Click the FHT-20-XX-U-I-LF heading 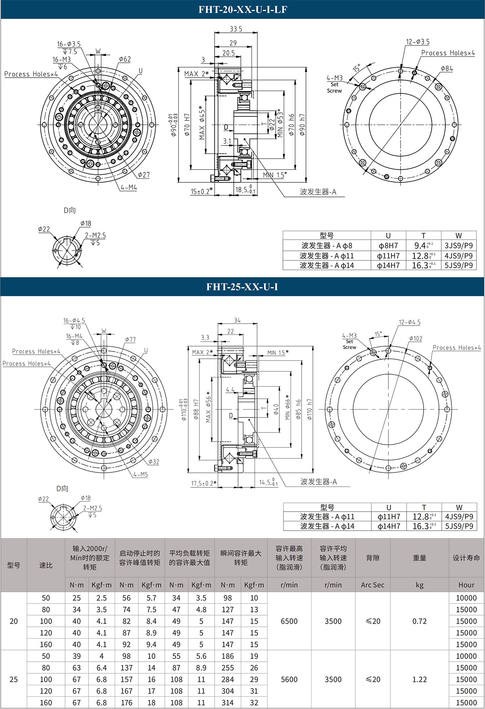click(x=242, y=9)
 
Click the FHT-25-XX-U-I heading click(x=242, y=287)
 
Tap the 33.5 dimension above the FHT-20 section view click(x=236, y=29)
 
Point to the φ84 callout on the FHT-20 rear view click(x=447, y=68)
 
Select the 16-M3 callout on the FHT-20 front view click(x=61, y=59)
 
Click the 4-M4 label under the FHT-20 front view click(x=129, y=188)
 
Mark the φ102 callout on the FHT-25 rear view click(x=415, y=338)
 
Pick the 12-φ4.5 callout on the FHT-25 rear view click(x=409, y=322)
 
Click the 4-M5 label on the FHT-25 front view click(x=140, y=474)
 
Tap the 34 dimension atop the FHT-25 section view click(x=237, y=320)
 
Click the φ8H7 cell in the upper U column click(x=388, y=246)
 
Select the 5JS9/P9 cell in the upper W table click(x=458, y=265)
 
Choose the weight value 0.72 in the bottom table click(x=419, y=621)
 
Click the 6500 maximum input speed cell click(x=289, y=621)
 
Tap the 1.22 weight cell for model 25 click(x=419, y=679)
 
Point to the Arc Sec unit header click(x=372, y=585)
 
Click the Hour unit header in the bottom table click(x=466, y=585)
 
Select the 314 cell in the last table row click(x=228, y=703)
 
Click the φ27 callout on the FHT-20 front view click(x=143, y=175)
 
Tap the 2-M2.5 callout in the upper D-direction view click(x=95, y=235)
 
